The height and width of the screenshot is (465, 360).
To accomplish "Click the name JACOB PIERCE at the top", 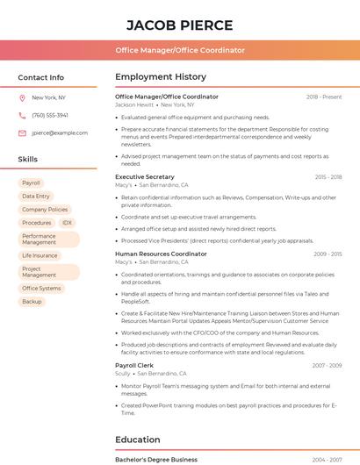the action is (179, 25).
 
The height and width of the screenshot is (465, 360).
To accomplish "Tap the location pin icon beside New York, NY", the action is (22, 97).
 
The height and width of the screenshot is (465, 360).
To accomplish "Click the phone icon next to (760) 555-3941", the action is (22, 115).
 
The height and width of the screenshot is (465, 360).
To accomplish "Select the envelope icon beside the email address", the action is (22, 132).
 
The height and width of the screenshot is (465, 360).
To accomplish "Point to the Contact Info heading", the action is (40, 77).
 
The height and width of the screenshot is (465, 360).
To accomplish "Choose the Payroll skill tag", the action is (32, 183).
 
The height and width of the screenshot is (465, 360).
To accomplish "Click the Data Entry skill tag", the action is (36, 197).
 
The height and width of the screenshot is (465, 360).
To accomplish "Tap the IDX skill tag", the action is (67, 223).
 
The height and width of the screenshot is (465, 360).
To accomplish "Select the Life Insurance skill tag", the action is (40, 255).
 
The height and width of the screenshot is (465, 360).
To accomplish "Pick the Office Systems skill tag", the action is (41, 289).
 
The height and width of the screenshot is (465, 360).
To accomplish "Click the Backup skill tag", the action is (32, 302).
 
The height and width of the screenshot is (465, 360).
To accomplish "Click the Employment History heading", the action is (161, 77).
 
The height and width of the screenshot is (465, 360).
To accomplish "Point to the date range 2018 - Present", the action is (324, 97).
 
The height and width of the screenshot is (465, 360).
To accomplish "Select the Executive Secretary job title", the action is (145, 177).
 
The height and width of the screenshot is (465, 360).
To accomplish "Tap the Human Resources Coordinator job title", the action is (161, 254).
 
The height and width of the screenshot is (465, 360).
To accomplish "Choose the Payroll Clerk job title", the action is (134, 365).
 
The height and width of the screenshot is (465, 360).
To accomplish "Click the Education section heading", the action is (138, 440).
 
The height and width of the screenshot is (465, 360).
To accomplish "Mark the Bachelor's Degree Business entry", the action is (156, 459).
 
